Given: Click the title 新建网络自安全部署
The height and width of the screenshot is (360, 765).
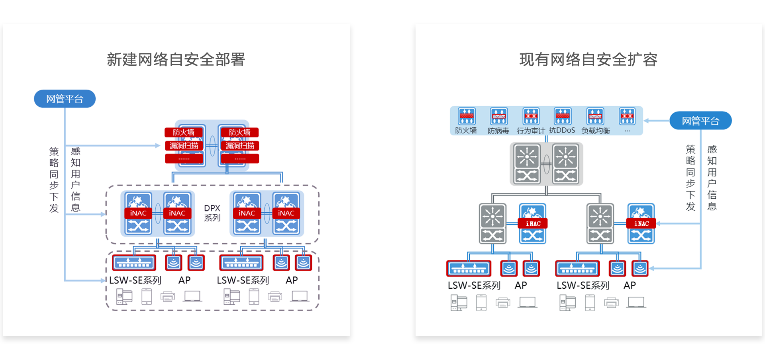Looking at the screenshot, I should pyautogui.click(x=176, y=60).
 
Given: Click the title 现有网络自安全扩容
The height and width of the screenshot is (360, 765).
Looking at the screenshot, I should pyautogui.click(x=588, y=60).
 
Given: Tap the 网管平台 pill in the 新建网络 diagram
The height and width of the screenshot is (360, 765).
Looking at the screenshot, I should pyautogui.click(x=65, y=99).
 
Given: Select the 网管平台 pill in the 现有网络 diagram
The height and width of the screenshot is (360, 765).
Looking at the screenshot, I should pyautogui.click(x=700, y=121).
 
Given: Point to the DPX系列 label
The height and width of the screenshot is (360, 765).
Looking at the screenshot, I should pyautogui.click(x=212, y=213).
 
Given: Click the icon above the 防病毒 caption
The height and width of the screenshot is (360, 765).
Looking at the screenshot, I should pyautogui.click(x=499, y=116).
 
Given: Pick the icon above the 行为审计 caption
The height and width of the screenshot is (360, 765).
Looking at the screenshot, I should pyautogui.click(x=531, y=116).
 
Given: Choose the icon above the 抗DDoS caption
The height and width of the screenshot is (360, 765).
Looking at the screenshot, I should pyautogui.click(x=563, y=116).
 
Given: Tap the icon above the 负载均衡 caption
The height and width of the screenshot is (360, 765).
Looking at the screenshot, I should pyautogui.click(x=595, y=116).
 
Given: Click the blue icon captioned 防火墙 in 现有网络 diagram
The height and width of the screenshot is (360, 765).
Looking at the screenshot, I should pyautogui.click(x=467, y=116).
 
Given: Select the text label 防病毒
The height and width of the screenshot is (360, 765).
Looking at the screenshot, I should pyautogui.click(x=498, y=131).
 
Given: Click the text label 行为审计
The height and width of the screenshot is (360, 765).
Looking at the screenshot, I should pyautogui.click(x=531, y=131).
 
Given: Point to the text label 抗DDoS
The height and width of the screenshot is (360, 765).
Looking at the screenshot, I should pyautogui.click(x=562, y=131).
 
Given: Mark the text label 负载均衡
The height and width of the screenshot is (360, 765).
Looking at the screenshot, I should pyautogui.click(x=596, y=131).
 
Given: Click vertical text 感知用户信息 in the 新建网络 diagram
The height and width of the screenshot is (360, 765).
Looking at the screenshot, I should pyautogui.click(x=76, y=179).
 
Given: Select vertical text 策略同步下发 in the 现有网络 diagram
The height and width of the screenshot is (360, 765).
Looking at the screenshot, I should pyautogui.click(x=690, y=178).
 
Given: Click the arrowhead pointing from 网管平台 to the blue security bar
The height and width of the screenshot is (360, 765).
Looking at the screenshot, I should pyautogui.click(x=646, y=121).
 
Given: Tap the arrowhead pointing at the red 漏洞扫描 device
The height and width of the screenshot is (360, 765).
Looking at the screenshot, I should pyautogui.click(x=158, y=146).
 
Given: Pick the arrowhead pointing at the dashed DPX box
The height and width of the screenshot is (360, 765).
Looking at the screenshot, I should pyautogui.click(x=103, y=214).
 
